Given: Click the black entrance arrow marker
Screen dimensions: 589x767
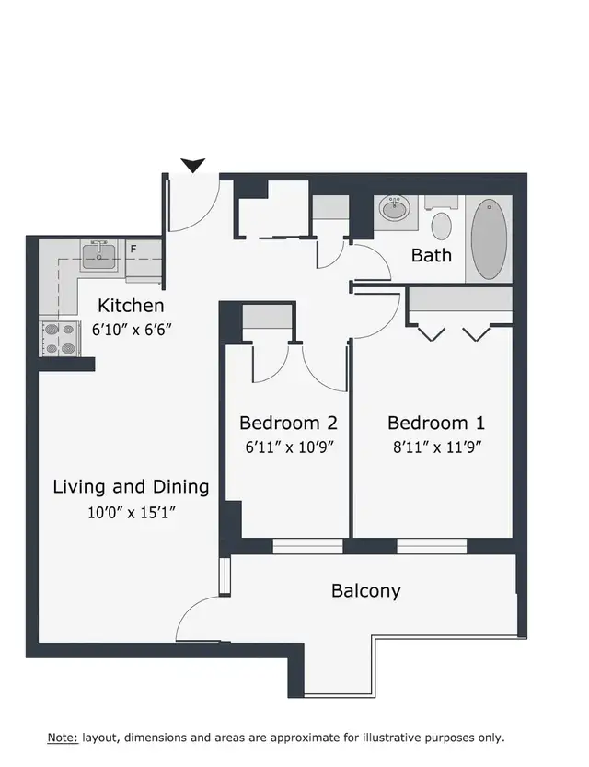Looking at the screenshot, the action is click(193, 166).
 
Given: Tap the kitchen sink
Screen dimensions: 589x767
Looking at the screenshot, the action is click(98, 255).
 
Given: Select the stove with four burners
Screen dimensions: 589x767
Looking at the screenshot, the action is click(60, 339).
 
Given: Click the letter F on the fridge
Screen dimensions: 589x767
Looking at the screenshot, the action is click(133, 249).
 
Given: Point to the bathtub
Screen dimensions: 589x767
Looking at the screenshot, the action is click(489, 238).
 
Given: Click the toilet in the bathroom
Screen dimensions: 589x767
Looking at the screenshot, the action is click(442, 220).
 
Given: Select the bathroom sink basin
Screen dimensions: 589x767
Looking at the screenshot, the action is click(396, 209).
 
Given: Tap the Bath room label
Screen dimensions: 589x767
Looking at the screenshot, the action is click(431, 255).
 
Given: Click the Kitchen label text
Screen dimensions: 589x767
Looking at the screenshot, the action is click(131, 306).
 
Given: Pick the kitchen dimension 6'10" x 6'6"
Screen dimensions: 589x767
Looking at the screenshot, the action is click(132, 330).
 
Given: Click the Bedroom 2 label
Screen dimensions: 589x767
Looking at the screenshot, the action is click(288, 423).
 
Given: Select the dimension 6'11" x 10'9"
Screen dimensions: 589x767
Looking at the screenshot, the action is click(289, 447).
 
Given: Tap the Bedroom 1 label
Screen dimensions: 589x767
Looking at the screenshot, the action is click(436, 423).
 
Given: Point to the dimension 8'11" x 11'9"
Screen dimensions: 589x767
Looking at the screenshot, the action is click(437, 447).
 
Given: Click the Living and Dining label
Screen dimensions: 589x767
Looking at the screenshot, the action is click(131, 487).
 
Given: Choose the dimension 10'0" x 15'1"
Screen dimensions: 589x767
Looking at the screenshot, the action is click(132, 512).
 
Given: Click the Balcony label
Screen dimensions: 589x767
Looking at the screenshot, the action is click(366, 590).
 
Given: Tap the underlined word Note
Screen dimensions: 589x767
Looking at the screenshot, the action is click(63, 738).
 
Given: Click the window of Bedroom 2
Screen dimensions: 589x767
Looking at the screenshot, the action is click(307, 546).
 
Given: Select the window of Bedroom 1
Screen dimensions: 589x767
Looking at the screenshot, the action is click(432, 546).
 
